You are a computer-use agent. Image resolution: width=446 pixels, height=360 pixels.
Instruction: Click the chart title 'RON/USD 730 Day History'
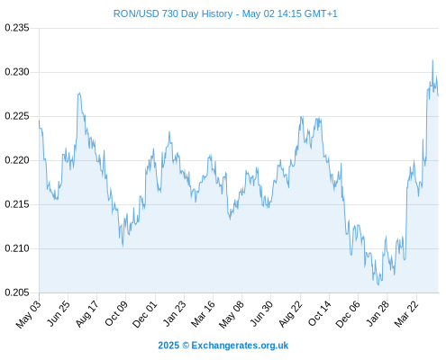[x=173, y=13]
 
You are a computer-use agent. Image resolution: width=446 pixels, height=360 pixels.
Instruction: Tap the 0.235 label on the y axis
[x=17, y=28]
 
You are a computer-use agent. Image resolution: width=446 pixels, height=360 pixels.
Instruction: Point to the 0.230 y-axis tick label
[x=17, y=72]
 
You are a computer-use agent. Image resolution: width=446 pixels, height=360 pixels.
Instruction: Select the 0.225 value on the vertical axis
[x=17, y=116]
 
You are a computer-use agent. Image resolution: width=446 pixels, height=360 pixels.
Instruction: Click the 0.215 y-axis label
[x=17, y=204]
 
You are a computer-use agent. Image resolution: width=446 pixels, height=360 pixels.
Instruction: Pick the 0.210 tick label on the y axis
[x=17, y=248]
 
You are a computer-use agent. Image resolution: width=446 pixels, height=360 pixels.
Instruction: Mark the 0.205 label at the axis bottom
[x=17, y=292]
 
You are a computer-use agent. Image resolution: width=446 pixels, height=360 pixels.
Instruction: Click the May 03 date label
[x=28, y=314]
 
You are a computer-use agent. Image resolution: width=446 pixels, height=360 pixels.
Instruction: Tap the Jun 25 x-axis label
[x=59, y=313]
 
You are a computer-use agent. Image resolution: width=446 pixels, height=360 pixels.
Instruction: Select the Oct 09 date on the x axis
[x=116, y=313]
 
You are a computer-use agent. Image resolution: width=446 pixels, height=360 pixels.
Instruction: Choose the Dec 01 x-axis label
[x=145, y=314]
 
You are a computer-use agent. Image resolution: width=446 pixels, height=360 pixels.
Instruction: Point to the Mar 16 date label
[x=203, y=314]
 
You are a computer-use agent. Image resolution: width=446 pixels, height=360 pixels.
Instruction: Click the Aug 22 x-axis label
[x=290, y=314]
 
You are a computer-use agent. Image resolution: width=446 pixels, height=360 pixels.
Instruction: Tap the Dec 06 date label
[x=348, y=314]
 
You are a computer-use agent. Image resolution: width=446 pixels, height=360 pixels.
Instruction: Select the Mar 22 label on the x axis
[x=406, y=314]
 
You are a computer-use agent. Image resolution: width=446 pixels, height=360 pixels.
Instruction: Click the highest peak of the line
[x=432, y=60]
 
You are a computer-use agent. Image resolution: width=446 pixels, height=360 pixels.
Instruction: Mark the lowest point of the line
[x=378, y=285]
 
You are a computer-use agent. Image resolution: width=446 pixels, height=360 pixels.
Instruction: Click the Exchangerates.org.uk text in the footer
[x=240, y=346]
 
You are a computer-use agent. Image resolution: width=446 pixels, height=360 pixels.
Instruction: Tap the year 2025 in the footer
[x=168, y=346]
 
